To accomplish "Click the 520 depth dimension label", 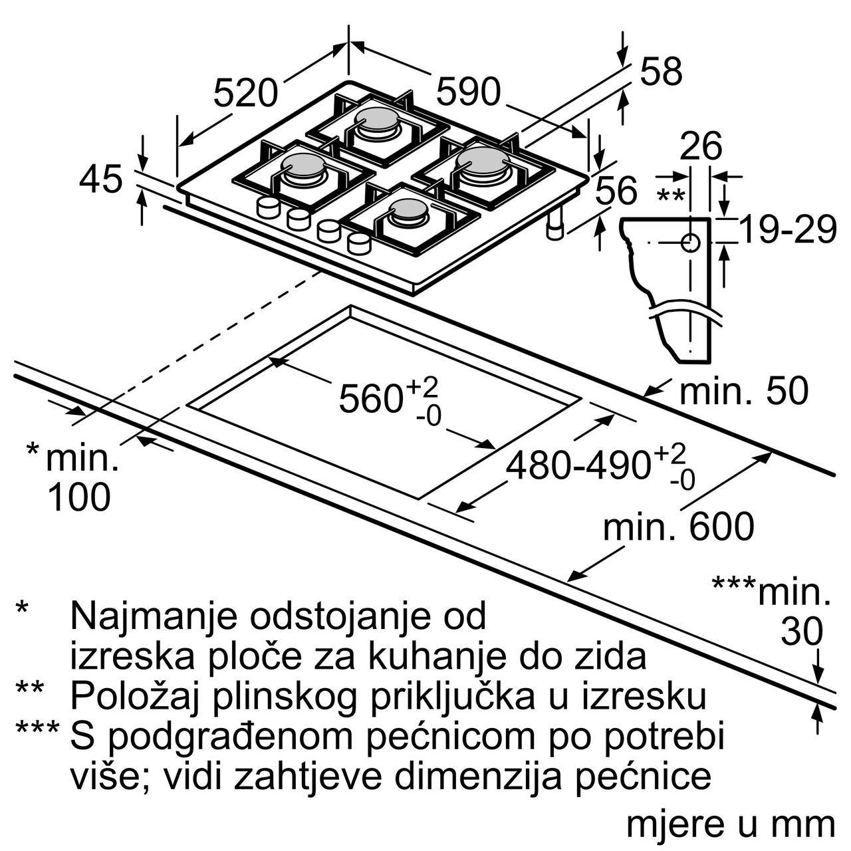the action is point(246,93).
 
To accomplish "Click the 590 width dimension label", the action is point(468,91).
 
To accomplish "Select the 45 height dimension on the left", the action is point(100,179).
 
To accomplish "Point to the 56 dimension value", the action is point(616,190).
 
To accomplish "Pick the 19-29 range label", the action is point(787,229).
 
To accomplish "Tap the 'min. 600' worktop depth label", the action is point(679,526).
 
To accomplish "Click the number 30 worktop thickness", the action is point(802,632).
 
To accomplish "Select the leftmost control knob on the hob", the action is point(268,207).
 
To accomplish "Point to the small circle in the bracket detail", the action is point(690,243).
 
